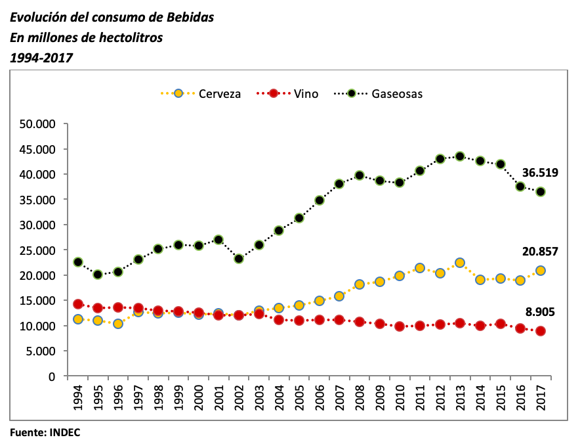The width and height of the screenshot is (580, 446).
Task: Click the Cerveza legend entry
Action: pos(201,94)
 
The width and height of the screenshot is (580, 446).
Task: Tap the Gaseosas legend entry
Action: pos(385,94)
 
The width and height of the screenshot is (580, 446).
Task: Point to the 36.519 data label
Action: pos(540,173)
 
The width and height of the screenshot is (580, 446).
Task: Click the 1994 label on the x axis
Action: pos(78,397)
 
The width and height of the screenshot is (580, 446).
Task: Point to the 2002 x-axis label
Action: pos(239,397)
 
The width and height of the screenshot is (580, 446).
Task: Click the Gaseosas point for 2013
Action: pos(460,156)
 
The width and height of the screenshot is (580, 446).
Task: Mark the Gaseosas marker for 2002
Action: pos(239,259)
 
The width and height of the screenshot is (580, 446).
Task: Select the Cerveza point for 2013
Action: pos(460,263)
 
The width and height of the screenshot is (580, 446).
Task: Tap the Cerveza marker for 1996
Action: pos(118,324)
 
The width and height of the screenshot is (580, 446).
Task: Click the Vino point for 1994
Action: pos(78,304)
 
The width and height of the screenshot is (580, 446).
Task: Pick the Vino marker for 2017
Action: pos(541,331)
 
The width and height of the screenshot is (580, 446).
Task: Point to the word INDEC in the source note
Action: pos(64,433)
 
